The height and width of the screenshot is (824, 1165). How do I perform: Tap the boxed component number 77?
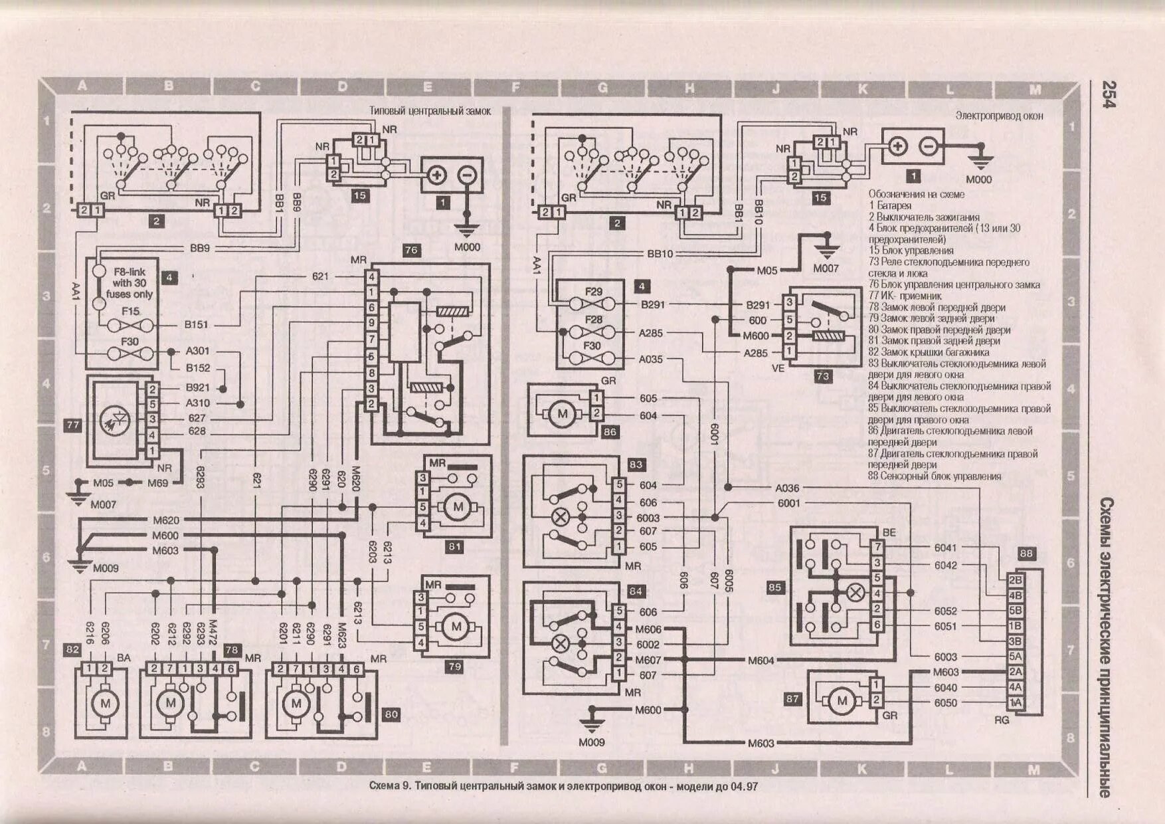pos(72,425)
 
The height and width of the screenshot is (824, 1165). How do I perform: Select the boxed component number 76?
pos(411,250)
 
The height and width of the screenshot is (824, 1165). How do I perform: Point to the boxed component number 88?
pos(1026,553)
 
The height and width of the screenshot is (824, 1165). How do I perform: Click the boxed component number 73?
pos(822,376)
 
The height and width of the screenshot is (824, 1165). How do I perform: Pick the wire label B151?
pos(197,325)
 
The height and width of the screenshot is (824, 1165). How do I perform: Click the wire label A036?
pos(787,488)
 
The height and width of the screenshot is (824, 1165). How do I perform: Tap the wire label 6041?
pos(945,548)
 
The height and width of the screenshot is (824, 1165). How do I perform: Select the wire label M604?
pos(761,661)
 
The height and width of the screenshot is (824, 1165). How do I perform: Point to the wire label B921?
pos(197,387)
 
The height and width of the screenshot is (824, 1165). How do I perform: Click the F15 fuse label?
pos(130,311)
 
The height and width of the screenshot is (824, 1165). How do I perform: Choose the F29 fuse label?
pos(593,292)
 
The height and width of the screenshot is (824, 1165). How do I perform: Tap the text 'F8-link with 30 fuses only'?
pos(129,283)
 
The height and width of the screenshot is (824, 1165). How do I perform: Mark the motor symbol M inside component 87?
pos(842,700)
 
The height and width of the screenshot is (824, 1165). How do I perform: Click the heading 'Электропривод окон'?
pos(999,116)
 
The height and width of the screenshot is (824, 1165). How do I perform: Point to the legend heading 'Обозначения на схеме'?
pos(916,194)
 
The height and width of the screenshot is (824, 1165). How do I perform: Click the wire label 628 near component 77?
pos(197,431)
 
